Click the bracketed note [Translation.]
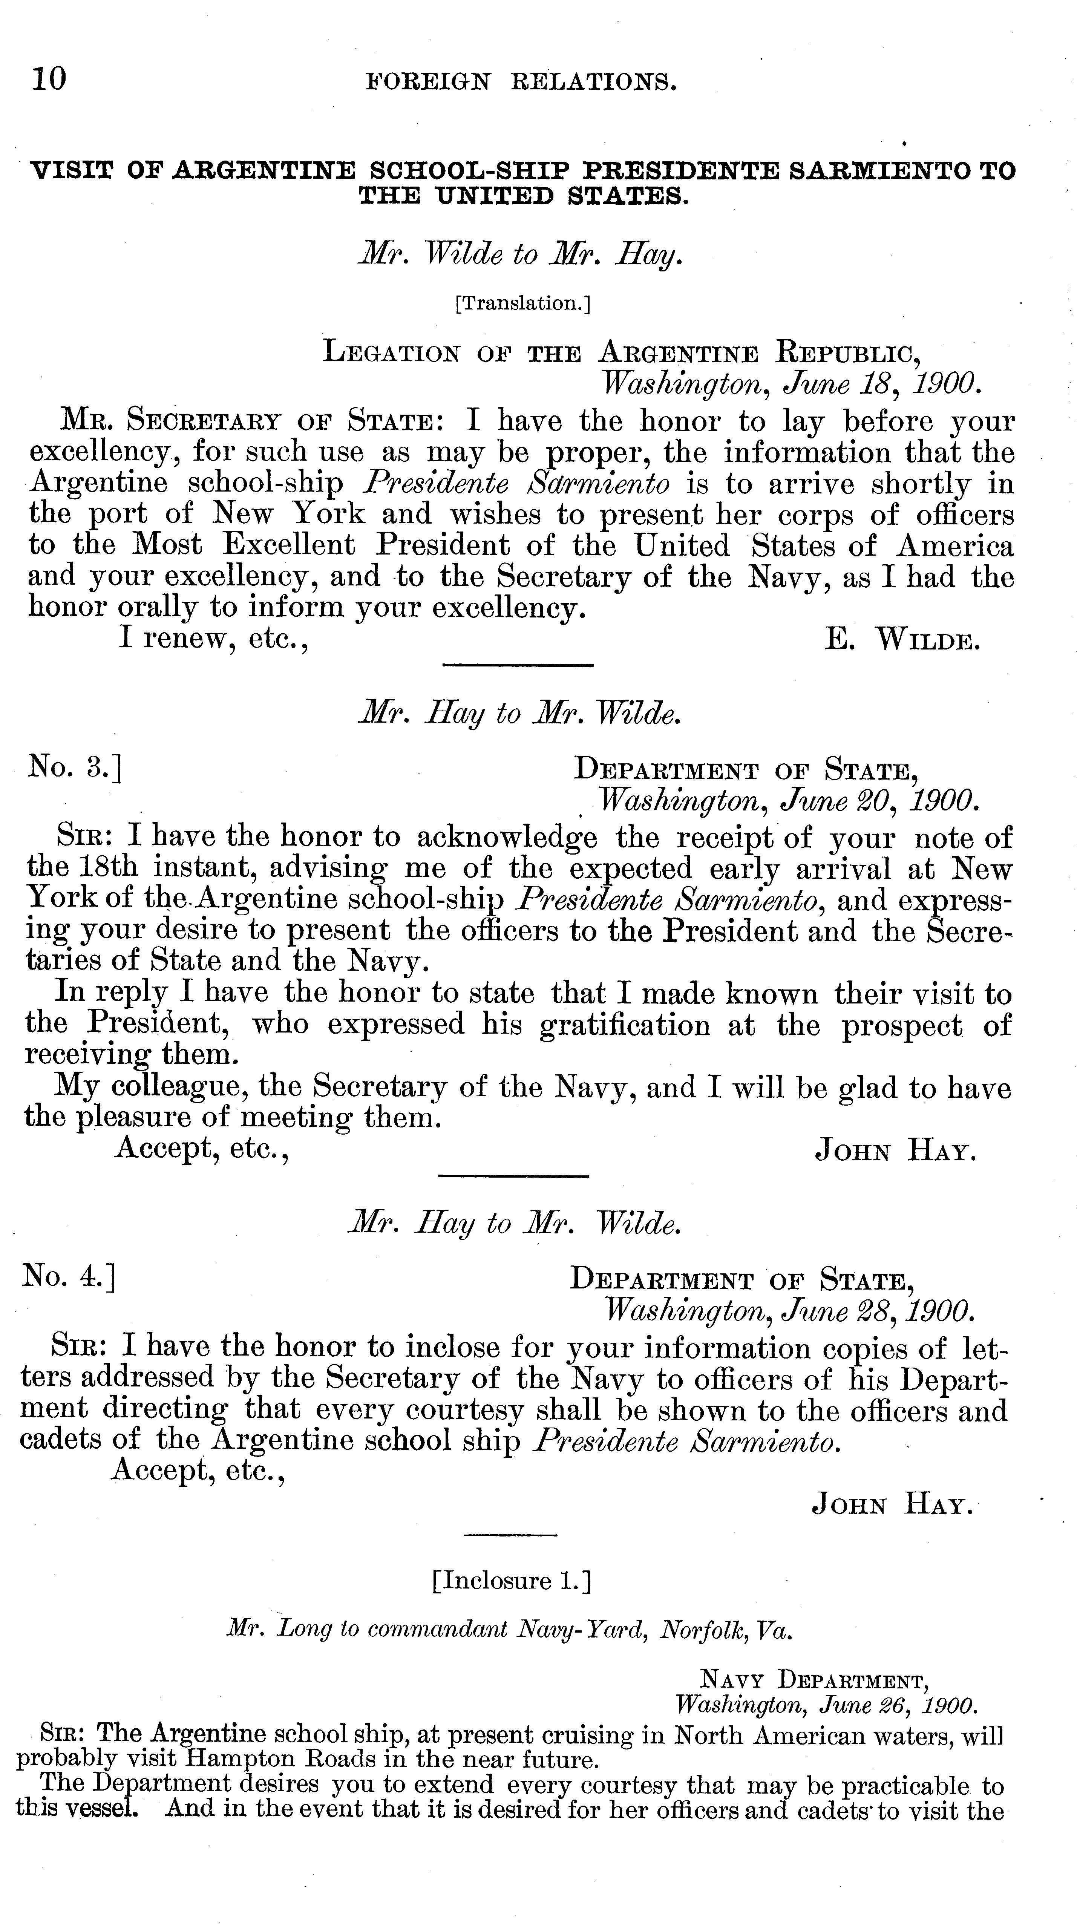click(x=522, y=303)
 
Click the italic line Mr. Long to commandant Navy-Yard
click(x=508, y=1630)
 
